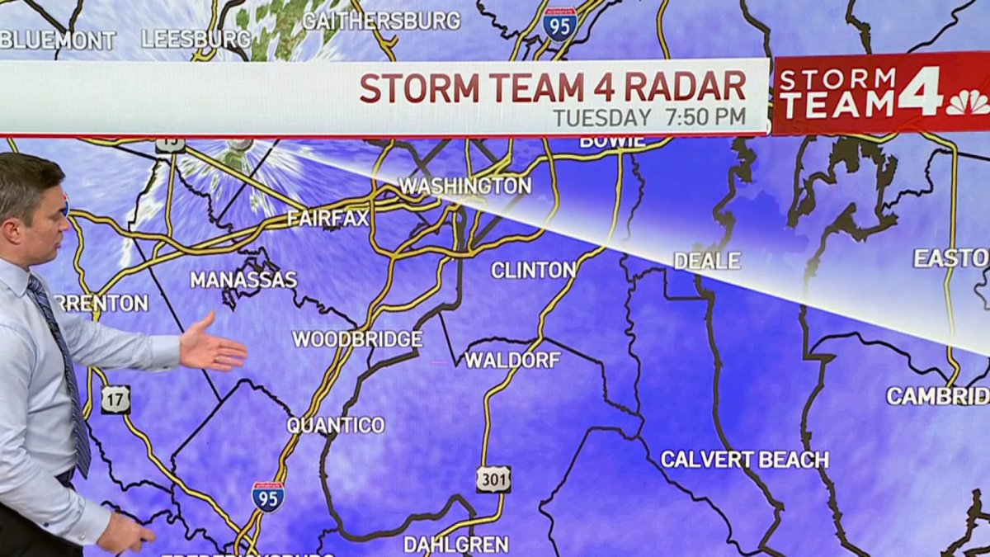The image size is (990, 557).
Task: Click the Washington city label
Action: click(x=465, y=186)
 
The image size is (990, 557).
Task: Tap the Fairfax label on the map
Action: click(x=328, y=219)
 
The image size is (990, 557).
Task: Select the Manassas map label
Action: click(x=243, y=280)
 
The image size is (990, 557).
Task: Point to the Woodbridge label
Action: click(x=357, y=339)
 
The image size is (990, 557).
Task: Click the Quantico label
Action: click(x=336, y=426)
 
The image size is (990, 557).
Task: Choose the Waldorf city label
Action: click(x=512, y=360)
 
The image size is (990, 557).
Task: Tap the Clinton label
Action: click(x=534, y=270)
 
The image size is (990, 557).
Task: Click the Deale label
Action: click(x=707, y=261)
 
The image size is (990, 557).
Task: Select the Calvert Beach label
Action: click(x=744, y=460)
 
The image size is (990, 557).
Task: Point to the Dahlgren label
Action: click(x=455, y=545)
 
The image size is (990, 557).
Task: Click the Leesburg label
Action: click(x=196, y=39)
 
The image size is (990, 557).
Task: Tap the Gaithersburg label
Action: click(x=381, y=21)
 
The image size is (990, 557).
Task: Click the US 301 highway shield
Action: click(x=493, y=479)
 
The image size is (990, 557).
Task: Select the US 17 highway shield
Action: click(x=115, y=399)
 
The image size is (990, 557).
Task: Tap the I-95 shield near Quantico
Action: click(x=268, y=496)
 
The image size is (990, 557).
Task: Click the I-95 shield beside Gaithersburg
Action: click(x=559, y=23)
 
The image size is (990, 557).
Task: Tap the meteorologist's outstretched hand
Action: click(x=212, y=347)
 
